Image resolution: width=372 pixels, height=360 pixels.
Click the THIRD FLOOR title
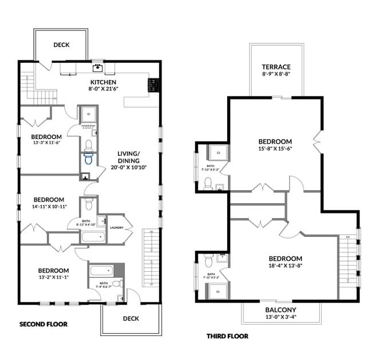[227, 336]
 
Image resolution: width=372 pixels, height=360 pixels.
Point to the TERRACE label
[276, 67]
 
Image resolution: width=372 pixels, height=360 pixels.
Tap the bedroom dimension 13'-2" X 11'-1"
[53, 278]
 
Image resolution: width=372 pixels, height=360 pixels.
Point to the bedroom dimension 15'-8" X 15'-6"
[275, 149]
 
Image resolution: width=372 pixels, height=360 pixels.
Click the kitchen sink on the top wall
[98, 68]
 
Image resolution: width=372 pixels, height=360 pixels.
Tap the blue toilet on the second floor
[88, 159]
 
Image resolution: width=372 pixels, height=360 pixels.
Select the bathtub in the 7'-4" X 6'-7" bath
[101, 270]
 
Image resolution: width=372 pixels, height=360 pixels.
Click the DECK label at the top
[62, 45]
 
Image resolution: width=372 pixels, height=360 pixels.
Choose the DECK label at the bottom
[130, 318]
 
